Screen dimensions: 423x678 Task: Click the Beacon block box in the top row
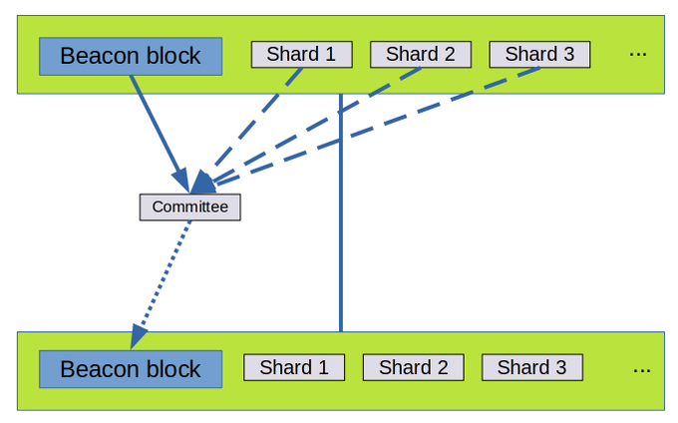tap(131, 56)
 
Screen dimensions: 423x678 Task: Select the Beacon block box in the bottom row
tap(131, 369)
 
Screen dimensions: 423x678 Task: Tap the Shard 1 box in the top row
tap(301, 54)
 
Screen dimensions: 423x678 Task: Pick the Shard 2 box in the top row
tap(420, 54)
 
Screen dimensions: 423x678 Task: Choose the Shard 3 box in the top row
tap(539, 54)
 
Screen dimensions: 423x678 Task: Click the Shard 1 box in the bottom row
tap(294, 367)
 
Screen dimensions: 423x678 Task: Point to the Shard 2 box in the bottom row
tap(413, 367)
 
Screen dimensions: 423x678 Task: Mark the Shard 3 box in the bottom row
tap(531, 367)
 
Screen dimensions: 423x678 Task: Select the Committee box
tap(189, 207)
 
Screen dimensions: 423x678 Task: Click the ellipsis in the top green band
tap(638, 54)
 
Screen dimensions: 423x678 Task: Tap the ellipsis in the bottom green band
tap(642, 368)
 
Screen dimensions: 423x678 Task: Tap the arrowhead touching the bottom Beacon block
tap(139, 337)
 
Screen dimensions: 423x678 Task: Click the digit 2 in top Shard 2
tap(450, 54)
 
